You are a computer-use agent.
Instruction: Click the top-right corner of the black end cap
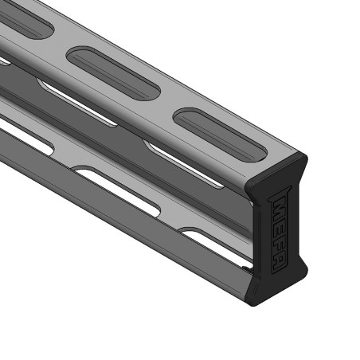307,155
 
